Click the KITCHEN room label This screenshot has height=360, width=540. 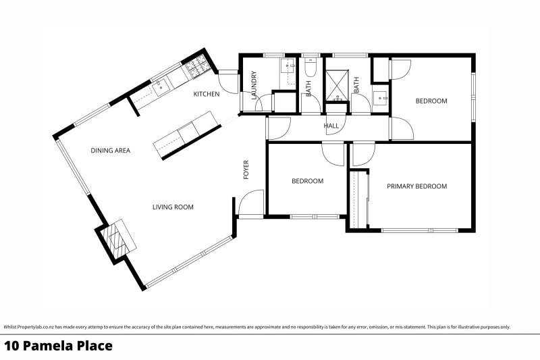click(x=206, y=94)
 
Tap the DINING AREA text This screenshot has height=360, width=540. click(x=110, y=151)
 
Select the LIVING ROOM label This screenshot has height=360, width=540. click(x=172, y=207)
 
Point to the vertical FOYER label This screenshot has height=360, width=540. click(x=246, y=170)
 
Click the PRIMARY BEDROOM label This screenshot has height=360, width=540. click(x=416, y=186)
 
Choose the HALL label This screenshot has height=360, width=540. click(x=331, y=126)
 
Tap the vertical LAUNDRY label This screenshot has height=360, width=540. click(x=254, y=87)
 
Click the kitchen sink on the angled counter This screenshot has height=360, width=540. click(x=160, y=86)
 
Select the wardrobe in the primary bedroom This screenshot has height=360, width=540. click(x=358, y=199)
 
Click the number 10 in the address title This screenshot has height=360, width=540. click(x=11, y=346)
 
